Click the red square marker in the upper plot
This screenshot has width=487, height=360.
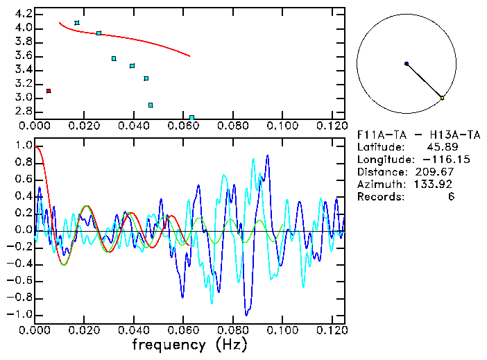tap(48, 91)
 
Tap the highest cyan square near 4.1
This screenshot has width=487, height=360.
tap(77, 23)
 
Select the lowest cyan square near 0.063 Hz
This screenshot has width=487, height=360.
tap(191, 117)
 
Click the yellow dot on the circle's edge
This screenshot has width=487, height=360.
tap(442, 98)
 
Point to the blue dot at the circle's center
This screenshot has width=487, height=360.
tap(407, 64)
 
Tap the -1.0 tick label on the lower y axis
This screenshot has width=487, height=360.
tap(19, 314)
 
